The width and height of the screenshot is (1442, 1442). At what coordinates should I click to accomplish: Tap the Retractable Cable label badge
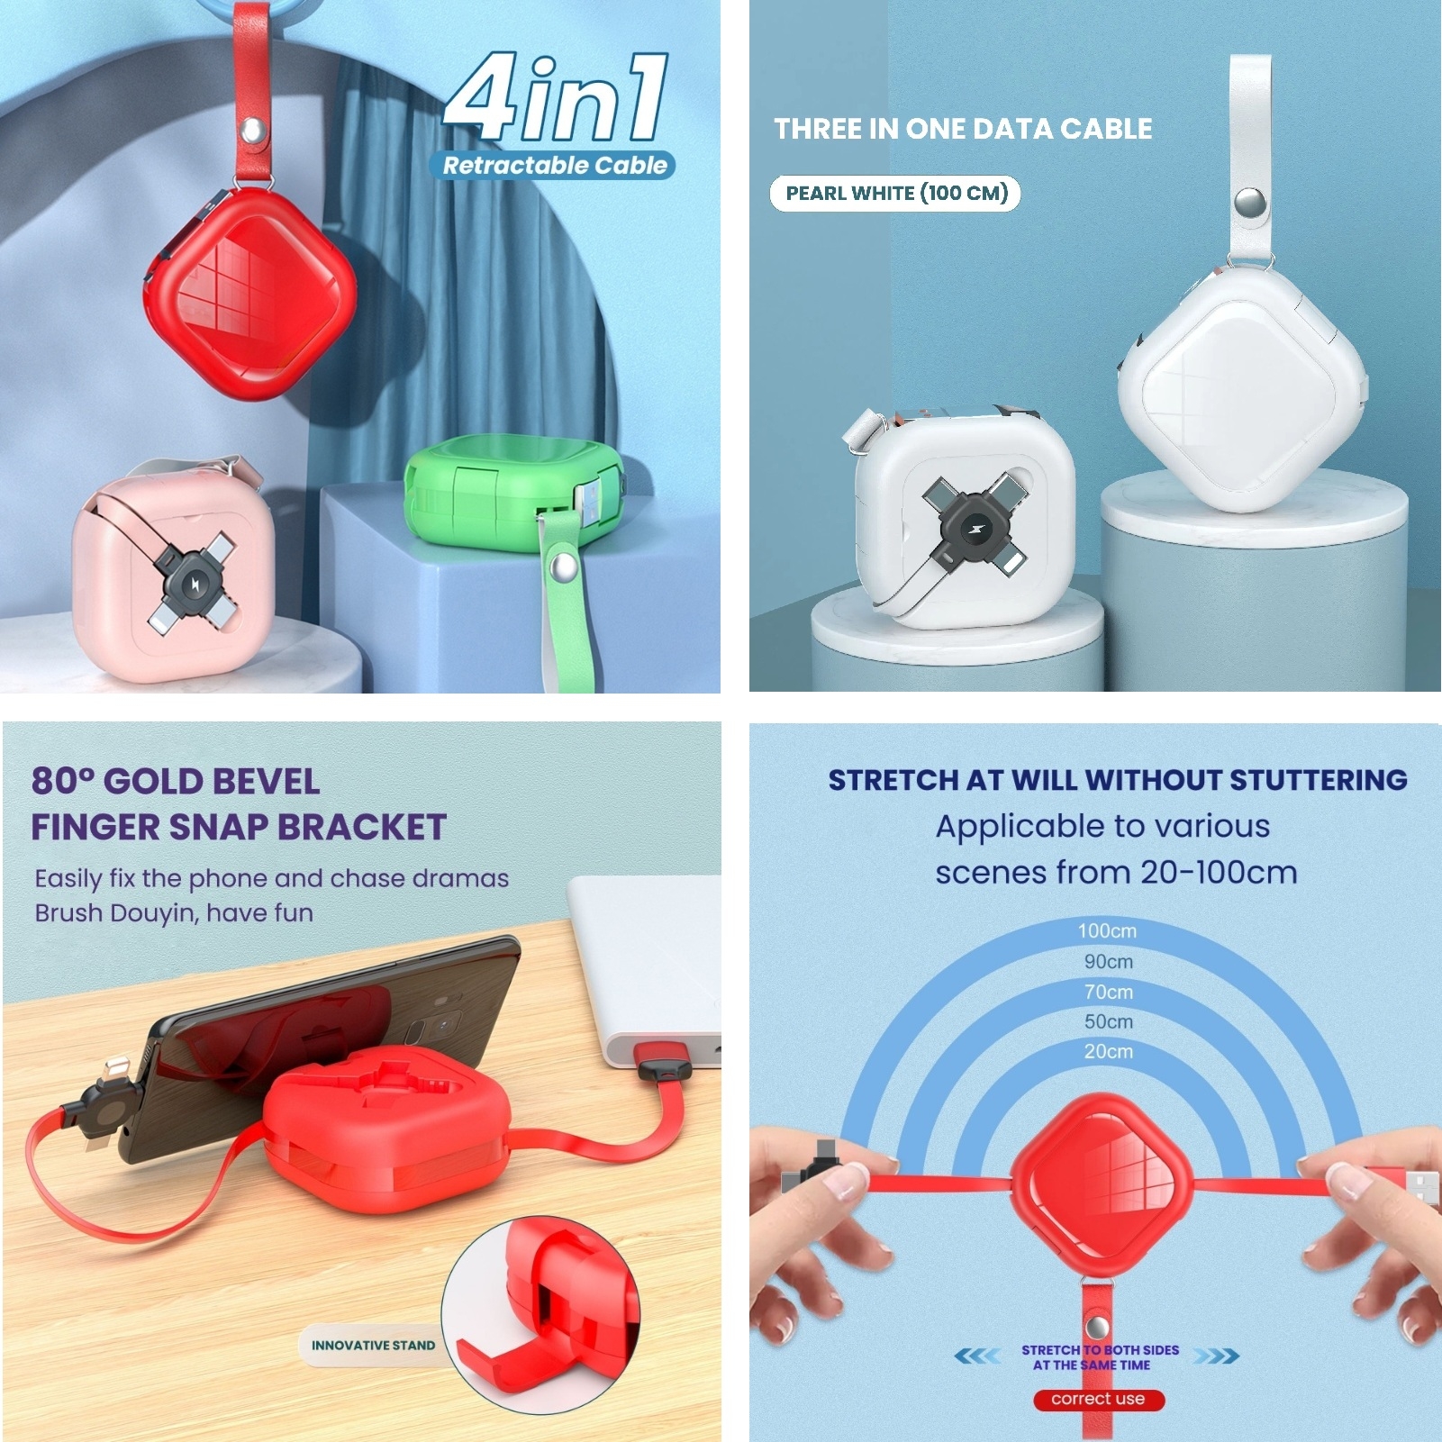coord(553,165)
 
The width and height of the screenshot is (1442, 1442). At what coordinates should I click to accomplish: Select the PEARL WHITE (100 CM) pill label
coord(895,193)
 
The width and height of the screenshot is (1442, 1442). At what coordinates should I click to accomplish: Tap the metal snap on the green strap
coord(563,568)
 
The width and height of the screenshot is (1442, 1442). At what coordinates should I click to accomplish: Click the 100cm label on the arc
coord(1107,930)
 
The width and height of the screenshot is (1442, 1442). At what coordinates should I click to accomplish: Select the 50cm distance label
coord(1108,1021)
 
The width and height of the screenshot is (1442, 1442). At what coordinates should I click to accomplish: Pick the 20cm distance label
coord(1108,1051)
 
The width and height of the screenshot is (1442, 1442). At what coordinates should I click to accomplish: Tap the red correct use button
coord(1098,1399)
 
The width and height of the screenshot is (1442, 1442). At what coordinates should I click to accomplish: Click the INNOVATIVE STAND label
coord(373,1346)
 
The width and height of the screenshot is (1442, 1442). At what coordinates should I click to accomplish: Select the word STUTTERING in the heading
coord(1319,780)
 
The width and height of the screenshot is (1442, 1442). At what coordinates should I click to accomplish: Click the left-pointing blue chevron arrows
coord(976,1356)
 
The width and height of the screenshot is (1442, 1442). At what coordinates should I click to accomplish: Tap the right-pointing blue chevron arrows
coord(1217,1356)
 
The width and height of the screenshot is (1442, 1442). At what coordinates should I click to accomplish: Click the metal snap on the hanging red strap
coord(252,132)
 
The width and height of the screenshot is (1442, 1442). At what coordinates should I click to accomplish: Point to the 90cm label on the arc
coord(1108,961)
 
